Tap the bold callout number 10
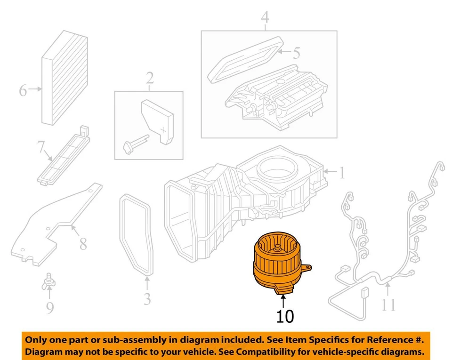[285, 316]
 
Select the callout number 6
[23, 89]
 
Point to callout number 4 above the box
[265, 18]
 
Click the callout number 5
[295, 53]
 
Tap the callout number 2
[149, 78]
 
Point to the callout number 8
[83, 243]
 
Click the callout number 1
[341, 174]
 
